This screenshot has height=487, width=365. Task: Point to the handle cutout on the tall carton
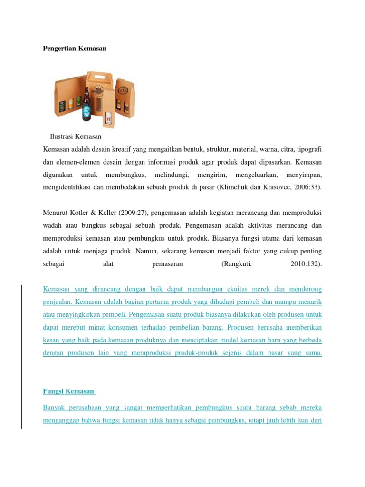(x=99, y=78)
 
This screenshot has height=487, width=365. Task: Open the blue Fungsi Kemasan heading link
(x=69, y=391)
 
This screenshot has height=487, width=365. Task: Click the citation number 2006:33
(x=307, y=187)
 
